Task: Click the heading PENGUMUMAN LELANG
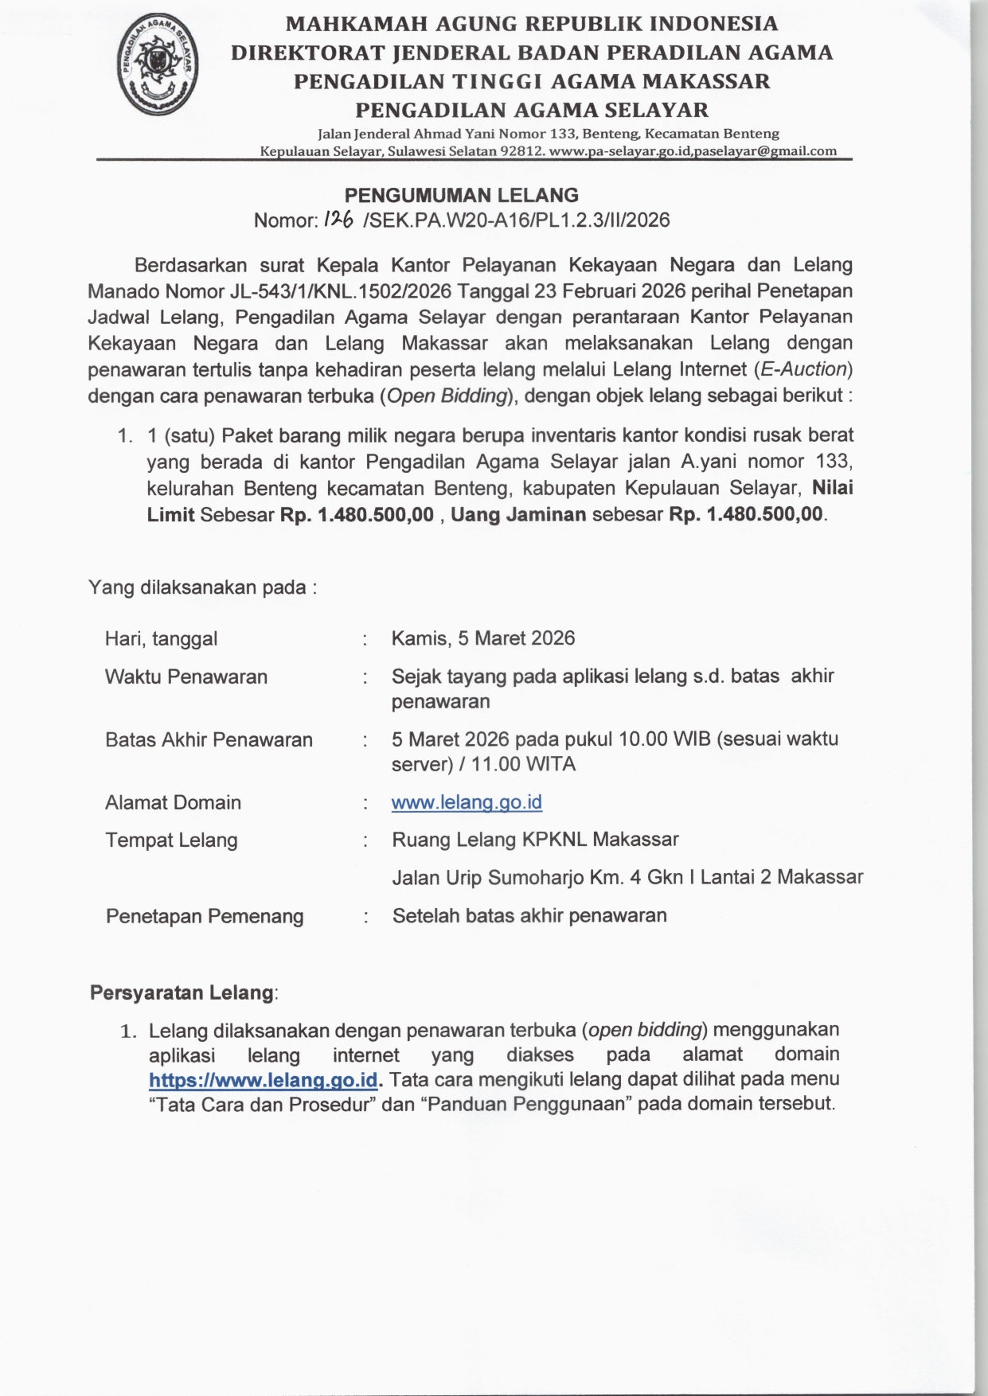coord(461,196)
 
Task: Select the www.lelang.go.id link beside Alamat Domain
coord(467,802)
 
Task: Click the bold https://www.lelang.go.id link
coord(263,1081)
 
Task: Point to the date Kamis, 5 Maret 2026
coord(482,638)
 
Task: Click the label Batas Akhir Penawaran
coord(209,740)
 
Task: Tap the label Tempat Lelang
coord(171,840)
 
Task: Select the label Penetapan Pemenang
coord(205,916)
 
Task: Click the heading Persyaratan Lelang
coord(182,993)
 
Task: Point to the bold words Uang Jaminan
coord(518,515)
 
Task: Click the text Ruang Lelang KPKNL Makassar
coord(535,840)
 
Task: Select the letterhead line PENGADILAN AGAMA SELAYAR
coord(531,110)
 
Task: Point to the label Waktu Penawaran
coord(186,677)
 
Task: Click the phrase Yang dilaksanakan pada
coord(202,588)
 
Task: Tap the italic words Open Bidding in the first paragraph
coord(447,396)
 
